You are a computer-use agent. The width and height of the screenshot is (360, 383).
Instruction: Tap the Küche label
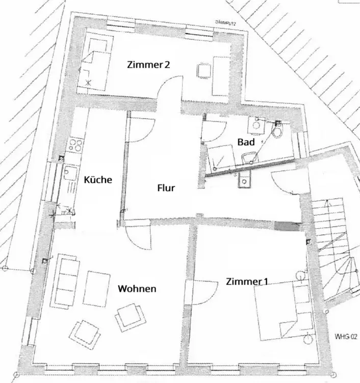point(98,179)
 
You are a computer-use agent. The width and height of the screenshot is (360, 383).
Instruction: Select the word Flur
point(166,188)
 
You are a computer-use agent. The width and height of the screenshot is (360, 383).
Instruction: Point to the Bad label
point(246,142)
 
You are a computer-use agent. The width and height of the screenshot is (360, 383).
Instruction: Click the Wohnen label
point(137,289)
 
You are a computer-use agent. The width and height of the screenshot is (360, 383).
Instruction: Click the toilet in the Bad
point(277,131)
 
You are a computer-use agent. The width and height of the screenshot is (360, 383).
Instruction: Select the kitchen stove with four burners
point(75,145)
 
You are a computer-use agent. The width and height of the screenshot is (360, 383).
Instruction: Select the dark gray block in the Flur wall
point(287,226)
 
